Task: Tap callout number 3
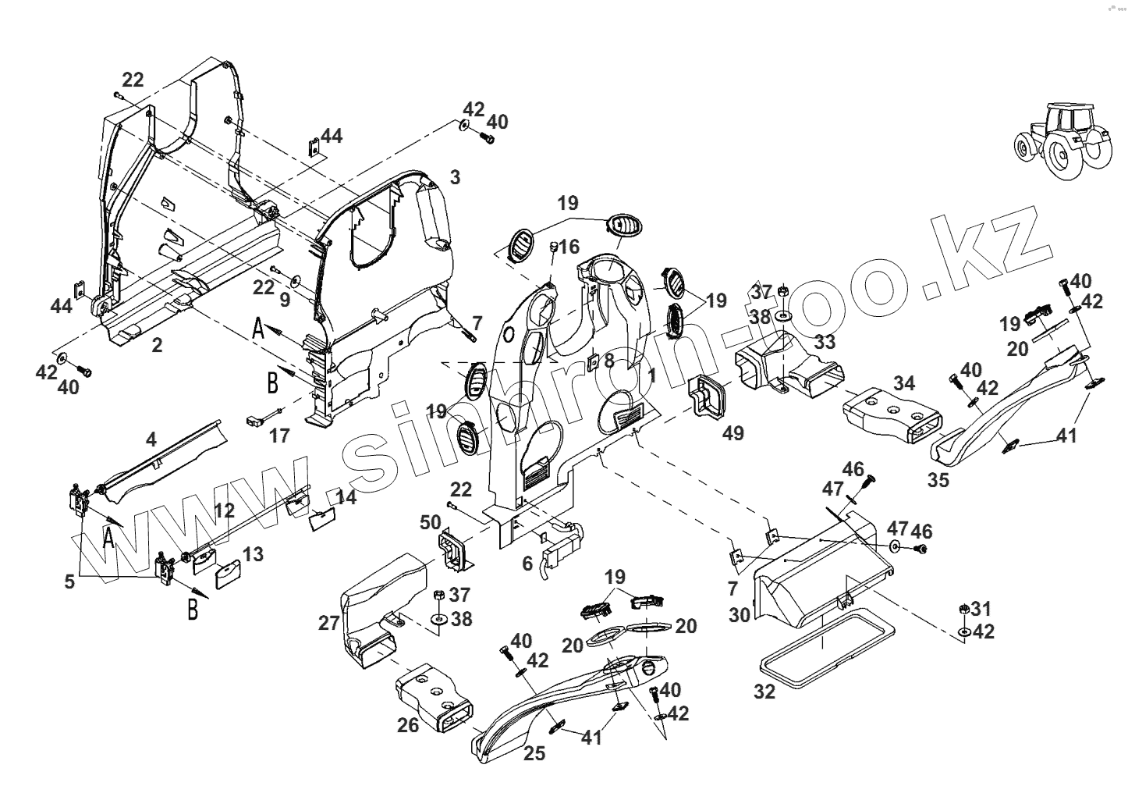455,176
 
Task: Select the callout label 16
569,247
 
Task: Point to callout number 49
732,433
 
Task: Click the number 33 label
824,342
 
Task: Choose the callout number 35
938,479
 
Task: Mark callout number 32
765,691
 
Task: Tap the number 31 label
981,608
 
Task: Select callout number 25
534,753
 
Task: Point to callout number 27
328,624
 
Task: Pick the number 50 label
431,523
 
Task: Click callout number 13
252,554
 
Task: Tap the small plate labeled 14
322,519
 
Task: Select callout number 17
278,435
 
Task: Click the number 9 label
285,298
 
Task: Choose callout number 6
527,563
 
